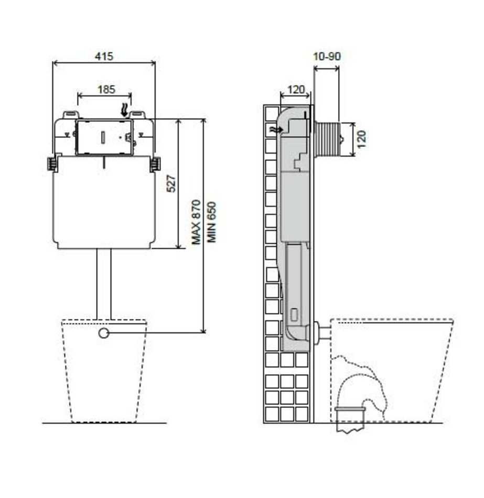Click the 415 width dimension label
pyautogui.click(x=104, y=56)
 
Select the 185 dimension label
pyautogui.click(x=106, y=89)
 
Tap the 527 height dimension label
pyautogui.click(x=171, y=183)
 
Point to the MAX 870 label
pyautogui.click(x=197, y=222)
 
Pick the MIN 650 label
pyautogui.click(x=211, y=222)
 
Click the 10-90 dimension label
pyautogui.click(x=327, y=56)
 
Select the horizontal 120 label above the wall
pyautogui.click(x=296, y=90)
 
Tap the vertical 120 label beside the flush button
pyautogui.click(x=362, y=139)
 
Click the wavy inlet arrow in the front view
pyautogui.click(x=125, y=110)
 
